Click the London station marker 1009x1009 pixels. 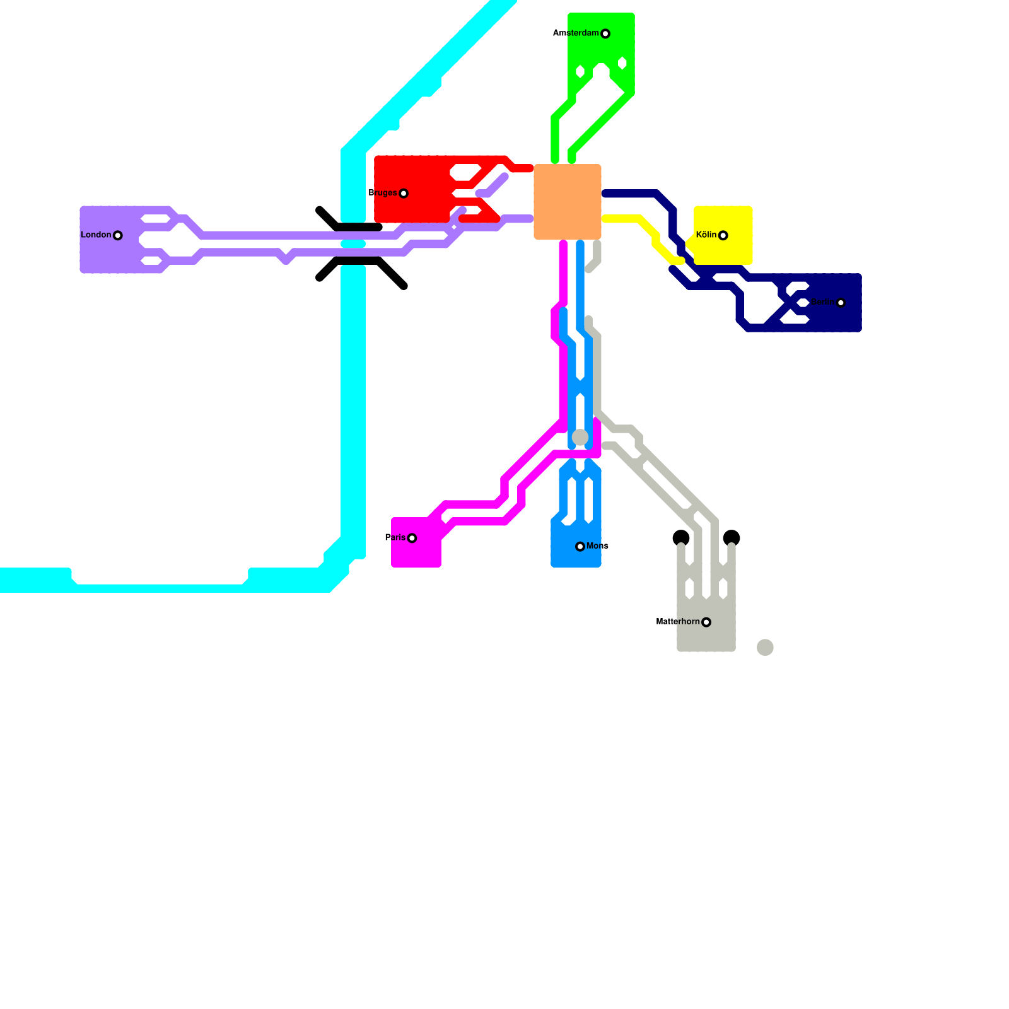pyautogui.click(x=117, y=235)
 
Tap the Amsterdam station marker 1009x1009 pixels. pyautogui.click(x=605, y=33)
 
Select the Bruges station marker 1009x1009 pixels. pyautogui.click(x=404, y=193)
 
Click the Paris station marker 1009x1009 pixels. pyautogui.click(x=412, y=538)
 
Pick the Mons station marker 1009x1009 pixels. pyautogui.click(x=580, y=546)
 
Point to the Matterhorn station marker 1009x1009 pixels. pyautogui.click(x=706, y=622)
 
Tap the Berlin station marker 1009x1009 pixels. pyautogui.click(x=841, y=303)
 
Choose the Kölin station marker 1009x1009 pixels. pyautogui.click(x=723, y=235)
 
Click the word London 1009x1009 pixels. pyautogui.click(x=96, y=235)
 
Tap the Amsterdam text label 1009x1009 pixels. pyautogui.click(x=576, y=33)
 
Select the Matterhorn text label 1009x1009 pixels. pyautogui.click(x=678, y=622)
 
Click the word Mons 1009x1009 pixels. pyautogui.click(x=597, y=546)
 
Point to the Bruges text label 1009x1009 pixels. pyautogui.click(x=383, y=192)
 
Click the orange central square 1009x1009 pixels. pyautogui.click(x=568, y=202)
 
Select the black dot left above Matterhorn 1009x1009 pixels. pyautogui.click(x=681, y=538)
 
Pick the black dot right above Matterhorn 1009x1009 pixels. pyautogui.click(x=732, y=538)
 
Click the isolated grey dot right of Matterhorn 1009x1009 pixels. pyautogui.click(x=765, y=647)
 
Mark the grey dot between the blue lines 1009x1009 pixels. pyautogui.click(x=580, y=437)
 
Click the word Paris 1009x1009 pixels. pyautogui.click(x=395, y=537)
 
